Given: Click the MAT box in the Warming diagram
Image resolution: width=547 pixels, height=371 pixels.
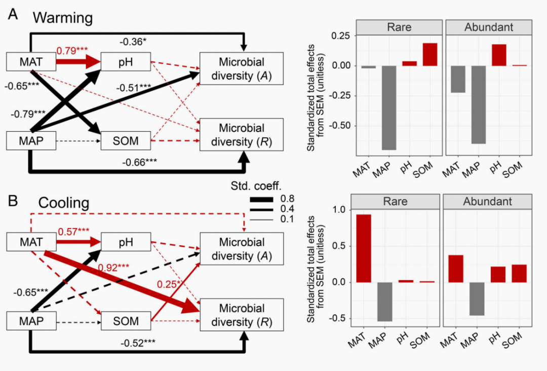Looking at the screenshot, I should (x=31, y=62).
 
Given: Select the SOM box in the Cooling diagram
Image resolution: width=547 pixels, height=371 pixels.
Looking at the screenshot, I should (x=126, y=320).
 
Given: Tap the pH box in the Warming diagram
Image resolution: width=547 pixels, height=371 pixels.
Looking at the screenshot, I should (x=126, y=62).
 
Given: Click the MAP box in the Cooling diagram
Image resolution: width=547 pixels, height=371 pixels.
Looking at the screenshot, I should (x=31, y=320).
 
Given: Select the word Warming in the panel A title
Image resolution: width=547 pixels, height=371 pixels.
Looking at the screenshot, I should (x=63, y=18).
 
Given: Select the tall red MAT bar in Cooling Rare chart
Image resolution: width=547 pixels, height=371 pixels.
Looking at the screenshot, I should (x=363, y=248).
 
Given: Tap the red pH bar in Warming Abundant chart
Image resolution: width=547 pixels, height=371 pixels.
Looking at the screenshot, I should (x=499, y=55).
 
